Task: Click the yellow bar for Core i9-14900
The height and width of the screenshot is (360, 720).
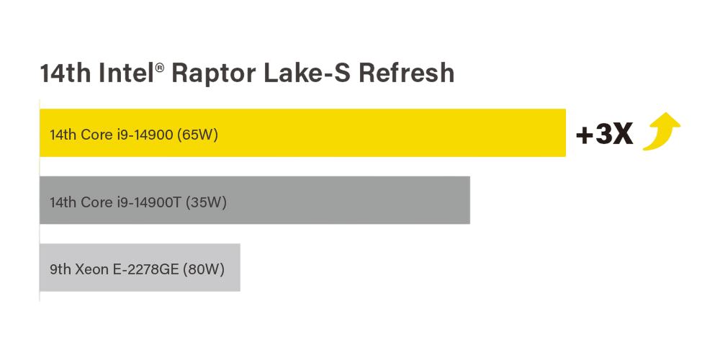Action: pos(302,132)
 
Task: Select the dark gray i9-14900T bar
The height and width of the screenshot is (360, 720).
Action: pos(255,200)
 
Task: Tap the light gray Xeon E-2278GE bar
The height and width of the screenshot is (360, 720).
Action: pos(140,267)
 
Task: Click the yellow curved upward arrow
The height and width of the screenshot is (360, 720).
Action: pos(662,131)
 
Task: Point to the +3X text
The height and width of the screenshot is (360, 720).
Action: pos(604,135)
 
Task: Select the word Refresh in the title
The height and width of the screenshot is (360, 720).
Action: pos(406,73)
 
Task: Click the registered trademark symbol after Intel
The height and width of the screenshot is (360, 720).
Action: pos(160,68)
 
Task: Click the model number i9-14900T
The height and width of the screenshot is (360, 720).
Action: pos(148,202)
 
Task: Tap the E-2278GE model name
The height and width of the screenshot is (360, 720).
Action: pos(146,269)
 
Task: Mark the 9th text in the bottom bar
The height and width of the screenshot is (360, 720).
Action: pos(60,269)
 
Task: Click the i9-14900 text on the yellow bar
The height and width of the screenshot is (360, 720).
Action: pos(146,135)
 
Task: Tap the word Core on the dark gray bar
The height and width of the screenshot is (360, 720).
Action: pos(96,202)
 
